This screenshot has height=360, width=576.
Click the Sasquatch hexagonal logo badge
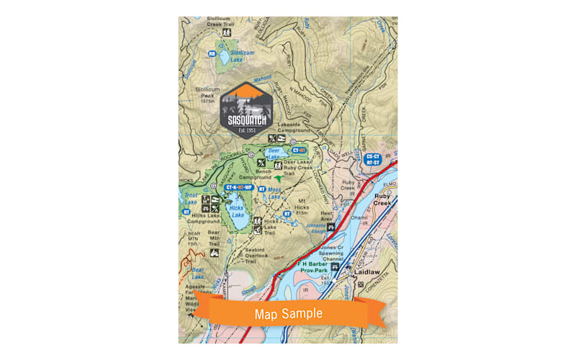click(247, 107)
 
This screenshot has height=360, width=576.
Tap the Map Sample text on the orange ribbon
click(287, 313)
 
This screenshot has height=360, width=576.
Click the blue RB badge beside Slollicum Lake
click(212, 53)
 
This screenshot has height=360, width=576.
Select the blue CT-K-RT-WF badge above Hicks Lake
click(239, 187)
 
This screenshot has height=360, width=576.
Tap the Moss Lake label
click(274, 194)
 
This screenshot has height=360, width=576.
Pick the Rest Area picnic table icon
click(331, 227)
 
